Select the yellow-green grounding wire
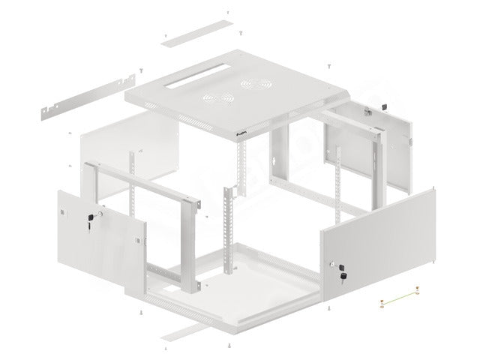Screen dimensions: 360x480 coord(399,298)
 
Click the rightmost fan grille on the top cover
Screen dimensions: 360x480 coord(246,88)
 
